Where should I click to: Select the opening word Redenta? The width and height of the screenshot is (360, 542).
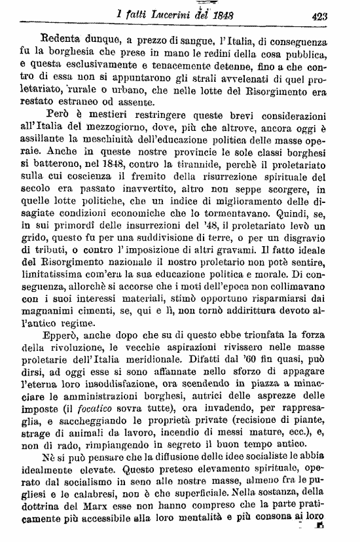coord(63,39)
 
